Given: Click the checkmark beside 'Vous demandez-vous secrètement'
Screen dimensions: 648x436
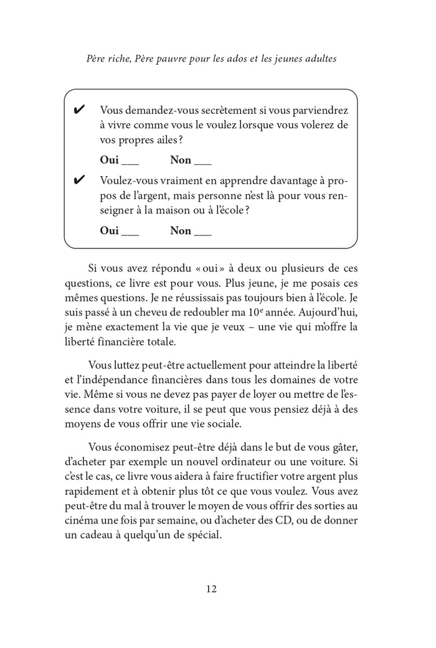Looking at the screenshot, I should [80, 111].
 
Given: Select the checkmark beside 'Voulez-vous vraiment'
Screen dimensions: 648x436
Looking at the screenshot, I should [80, 181].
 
